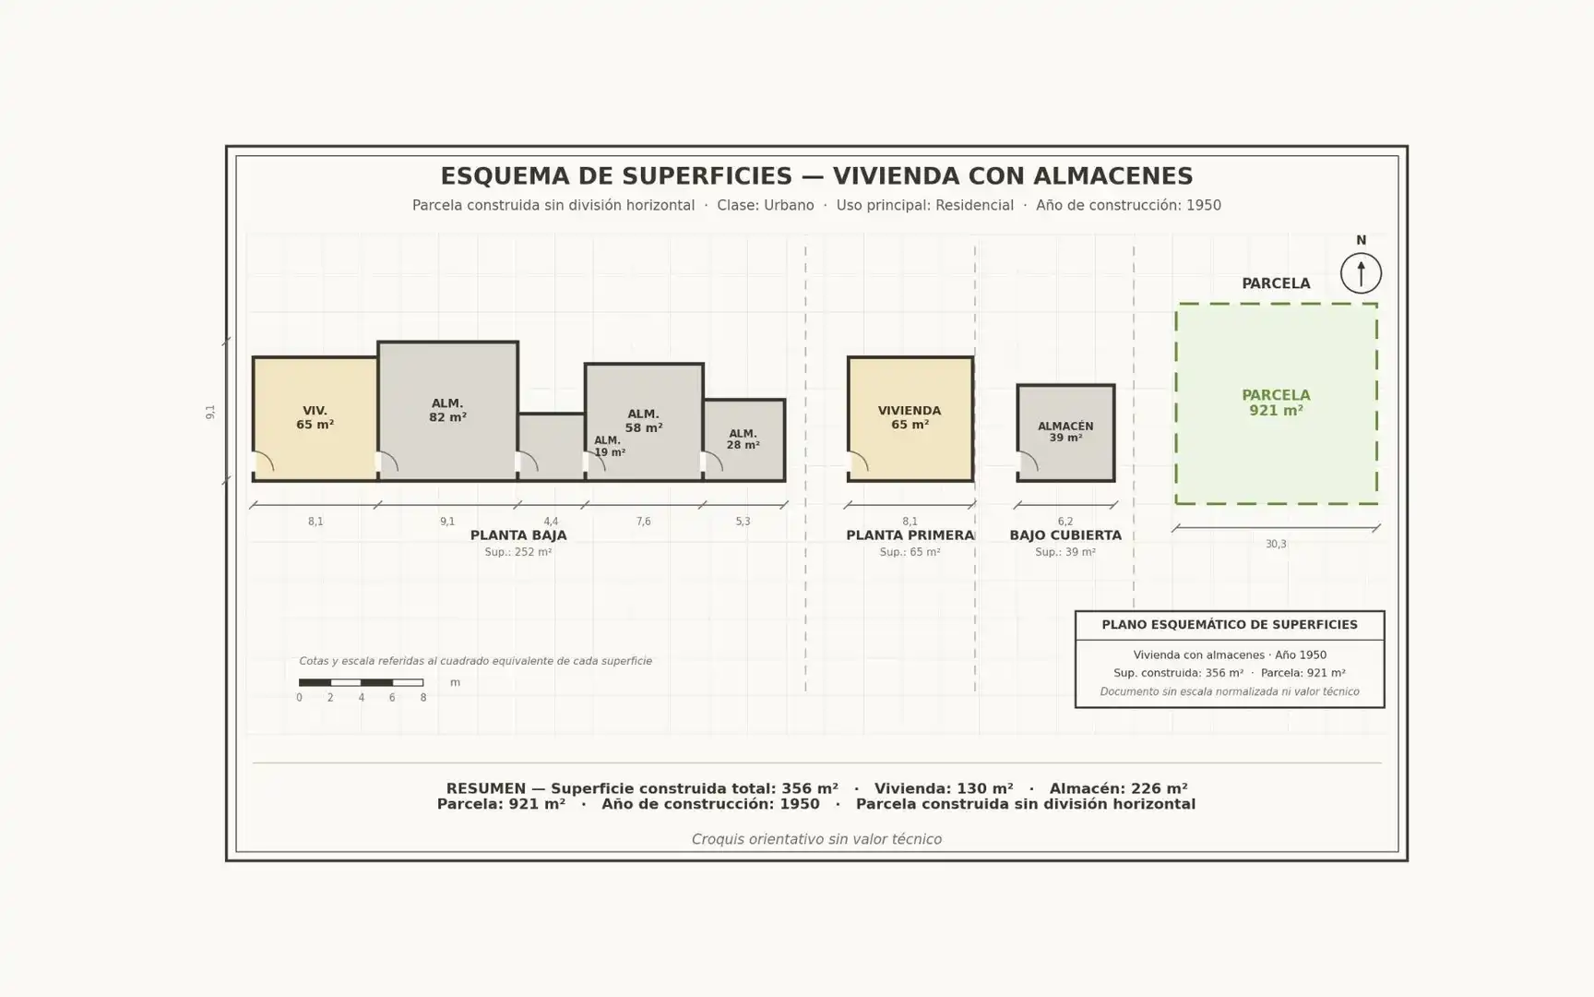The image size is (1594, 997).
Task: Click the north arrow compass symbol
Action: tap(1361, 273)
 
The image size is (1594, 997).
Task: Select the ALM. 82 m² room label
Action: tap(447, 410)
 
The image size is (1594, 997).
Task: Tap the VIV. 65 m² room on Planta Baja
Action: tap(315, 418)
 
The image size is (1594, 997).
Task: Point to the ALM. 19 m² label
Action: tap(609, 447)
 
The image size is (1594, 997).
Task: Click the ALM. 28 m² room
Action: tap(743, 440)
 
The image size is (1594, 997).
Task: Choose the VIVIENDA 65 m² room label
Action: tap(910, 417)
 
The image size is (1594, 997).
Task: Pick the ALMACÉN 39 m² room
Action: tap(1065, 433)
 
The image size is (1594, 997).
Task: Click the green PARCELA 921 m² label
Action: tap(1276, 402)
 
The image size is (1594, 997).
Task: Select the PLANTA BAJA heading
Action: tap(518, 535)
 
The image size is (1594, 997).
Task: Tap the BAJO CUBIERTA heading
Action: tap(1065, 535)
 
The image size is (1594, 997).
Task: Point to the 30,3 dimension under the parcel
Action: tap(1276, 544)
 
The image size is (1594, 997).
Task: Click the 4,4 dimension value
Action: tap(551, 522)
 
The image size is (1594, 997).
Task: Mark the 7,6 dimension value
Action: tap(643, 522)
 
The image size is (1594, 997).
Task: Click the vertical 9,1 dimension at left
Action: tap(210, 412)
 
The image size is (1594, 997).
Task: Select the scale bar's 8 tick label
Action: tap(423, 698)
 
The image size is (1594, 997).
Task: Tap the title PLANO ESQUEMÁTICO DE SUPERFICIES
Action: tap(1230, 625)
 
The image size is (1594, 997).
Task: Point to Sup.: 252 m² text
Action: tap(518, 552)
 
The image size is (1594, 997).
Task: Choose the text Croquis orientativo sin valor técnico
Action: tap(816, 839)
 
